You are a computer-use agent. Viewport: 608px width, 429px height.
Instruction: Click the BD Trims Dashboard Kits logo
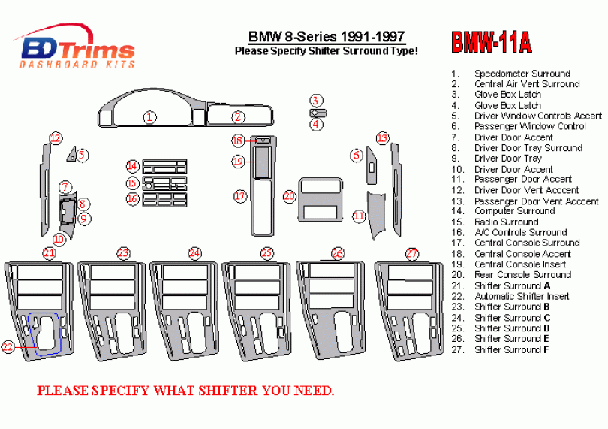[x=77, y=50]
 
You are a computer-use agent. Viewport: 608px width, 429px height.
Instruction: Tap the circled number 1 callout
[x=150, y=116]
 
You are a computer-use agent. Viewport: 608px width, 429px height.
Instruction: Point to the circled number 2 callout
[x=238, y=116]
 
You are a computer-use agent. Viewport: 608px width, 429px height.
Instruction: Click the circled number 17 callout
[x=239, y=196]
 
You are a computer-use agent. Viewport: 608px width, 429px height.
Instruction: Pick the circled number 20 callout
[x=290, y=196]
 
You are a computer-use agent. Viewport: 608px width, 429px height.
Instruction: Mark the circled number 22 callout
[x=8, y=346]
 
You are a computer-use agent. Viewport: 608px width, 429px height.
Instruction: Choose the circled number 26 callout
[x=338, y=253]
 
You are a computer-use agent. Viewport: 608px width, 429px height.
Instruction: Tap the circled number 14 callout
[x=132, y=166]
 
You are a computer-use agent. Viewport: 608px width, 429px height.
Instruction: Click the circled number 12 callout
[x=55, y=137]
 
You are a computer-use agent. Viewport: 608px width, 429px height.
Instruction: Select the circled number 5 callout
[x=82, y=156]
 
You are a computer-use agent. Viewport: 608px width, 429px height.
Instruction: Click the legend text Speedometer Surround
[x=522, y=74]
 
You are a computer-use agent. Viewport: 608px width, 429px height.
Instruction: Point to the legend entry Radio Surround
[x=506, y=222]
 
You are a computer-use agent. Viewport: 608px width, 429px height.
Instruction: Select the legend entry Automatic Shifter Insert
[x=521, y=296]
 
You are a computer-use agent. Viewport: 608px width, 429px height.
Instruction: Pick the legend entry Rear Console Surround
[x=522, y=275]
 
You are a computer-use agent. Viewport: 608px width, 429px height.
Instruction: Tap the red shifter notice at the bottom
[x=185, y=391]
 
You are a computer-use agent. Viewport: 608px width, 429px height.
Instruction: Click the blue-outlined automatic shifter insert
[x=47, y=333]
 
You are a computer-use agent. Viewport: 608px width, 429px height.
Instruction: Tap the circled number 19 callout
[x=238, y=161]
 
